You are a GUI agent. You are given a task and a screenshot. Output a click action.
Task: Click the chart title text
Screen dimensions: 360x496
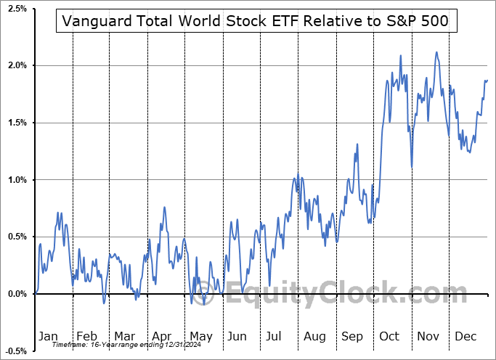click(x=256, y=22)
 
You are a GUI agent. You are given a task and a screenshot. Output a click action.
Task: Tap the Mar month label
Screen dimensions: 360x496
click(x=125, y=337)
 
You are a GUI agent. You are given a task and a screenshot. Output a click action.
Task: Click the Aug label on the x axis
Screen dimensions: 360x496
click(x=315, y=337)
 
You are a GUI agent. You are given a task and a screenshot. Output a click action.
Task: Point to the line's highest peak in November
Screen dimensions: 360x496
click(x=436, y=52)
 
